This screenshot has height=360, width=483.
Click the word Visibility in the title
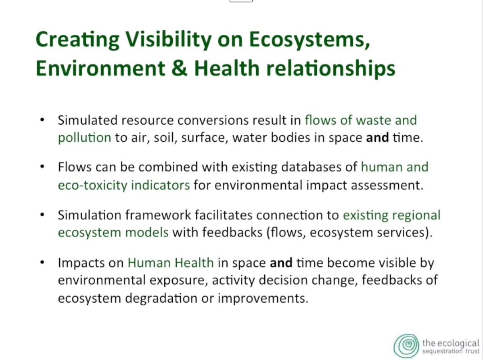point(168,40)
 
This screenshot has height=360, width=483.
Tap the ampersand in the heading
point(179,68)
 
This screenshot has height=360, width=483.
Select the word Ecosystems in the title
point(309,40)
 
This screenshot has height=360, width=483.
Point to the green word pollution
point(84,138)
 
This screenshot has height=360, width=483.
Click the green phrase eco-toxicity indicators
point(124,185)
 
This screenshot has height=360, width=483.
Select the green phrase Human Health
point(171,263)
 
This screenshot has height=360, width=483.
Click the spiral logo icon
point(406,346)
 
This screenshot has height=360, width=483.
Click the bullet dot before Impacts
point(42,263)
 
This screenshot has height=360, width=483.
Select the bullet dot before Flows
point(42,167)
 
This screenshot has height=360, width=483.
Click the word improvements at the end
point(263,298)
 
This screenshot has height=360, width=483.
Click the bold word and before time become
point(281,263)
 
